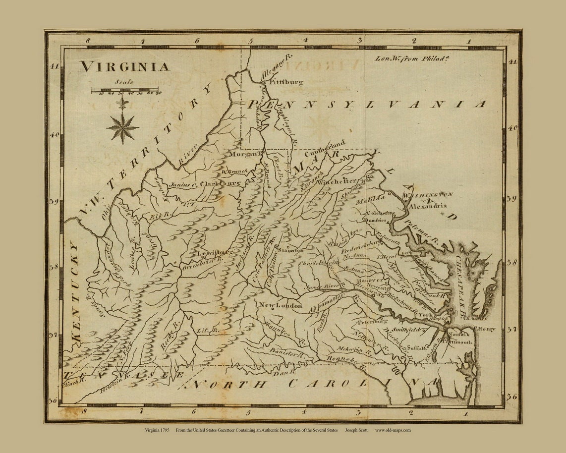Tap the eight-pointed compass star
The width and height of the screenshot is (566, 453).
click(122, 127)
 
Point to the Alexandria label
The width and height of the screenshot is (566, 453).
click(427, 206)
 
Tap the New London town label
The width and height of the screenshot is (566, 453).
click(281, 306)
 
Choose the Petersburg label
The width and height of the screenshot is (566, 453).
click(372, 322)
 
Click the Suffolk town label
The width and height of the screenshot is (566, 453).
click(416, 348)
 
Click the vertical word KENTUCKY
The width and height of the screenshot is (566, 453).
click(75, 291)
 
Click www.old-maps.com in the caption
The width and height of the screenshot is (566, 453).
click(393, 430)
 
